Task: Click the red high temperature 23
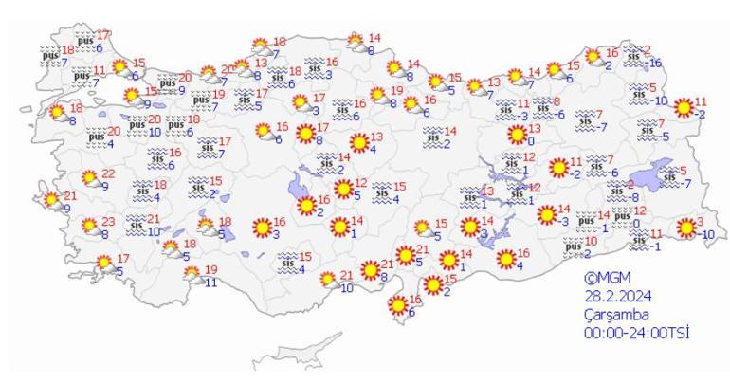point(107,222)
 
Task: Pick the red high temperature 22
point(107,173)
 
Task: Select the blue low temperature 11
point(210,282)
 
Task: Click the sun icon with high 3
point(685,228)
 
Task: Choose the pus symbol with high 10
point(572,246)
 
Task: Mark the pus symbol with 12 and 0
point(621,217)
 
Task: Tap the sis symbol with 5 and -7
point(671,175)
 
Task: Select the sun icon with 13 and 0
point(516,135)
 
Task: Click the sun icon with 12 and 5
point(342,189)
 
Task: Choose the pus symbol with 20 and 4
point(96,137)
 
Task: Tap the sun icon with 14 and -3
point(546,215)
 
